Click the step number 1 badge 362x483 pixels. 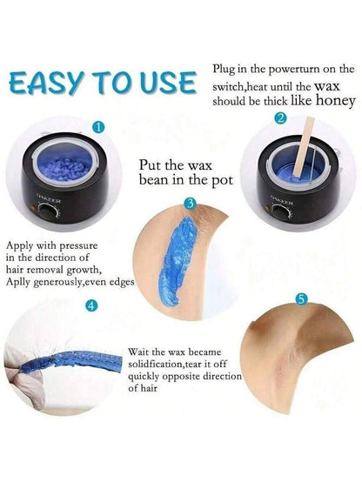[x=98, y=127]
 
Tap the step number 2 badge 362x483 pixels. [x=280, y=118]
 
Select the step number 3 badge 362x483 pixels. [x=190, y=204]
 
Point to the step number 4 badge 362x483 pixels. [x=91, y=305]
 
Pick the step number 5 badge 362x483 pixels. [x=301, y=299]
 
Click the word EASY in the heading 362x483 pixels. [x=47, y=83]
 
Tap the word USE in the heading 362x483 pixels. [x=168, y=82]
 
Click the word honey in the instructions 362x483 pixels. [x=336, y=101]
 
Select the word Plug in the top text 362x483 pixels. [x=224, y=69]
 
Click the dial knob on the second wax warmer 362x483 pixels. [x=280, y=213]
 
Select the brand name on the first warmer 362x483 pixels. [x=49, y=198]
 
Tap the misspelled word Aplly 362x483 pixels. [x=18, y=283]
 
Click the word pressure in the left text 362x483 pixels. [x=78, y=246]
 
